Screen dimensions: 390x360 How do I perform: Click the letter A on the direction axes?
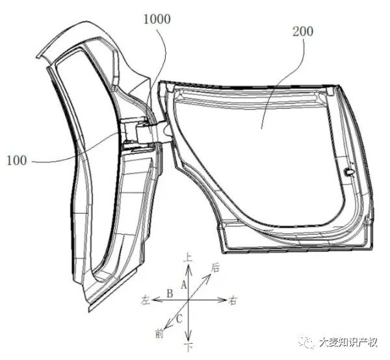pos(184,284)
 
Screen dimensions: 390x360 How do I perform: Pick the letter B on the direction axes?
pos(169,294)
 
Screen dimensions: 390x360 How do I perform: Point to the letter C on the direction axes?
pos(178,318)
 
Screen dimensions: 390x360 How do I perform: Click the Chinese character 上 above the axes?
pos(188,258)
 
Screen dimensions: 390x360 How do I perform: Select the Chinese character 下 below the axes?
pos(188,347)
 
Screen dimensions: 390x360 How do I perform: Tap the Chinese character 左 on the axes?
pos(146,301)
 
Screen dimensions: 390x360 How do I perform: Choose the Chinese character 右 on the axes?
pos(233,301)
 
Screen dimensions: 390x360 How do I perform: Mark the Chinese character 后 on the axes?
pos(215,266)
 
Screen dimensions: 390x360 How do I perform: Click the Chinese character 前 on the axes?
pos(159,334)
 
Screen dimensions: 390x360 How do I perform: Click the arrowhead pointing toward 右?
pos(223,301)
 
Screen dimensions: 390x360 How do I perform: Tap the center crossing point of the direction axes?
pos(188,301)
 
